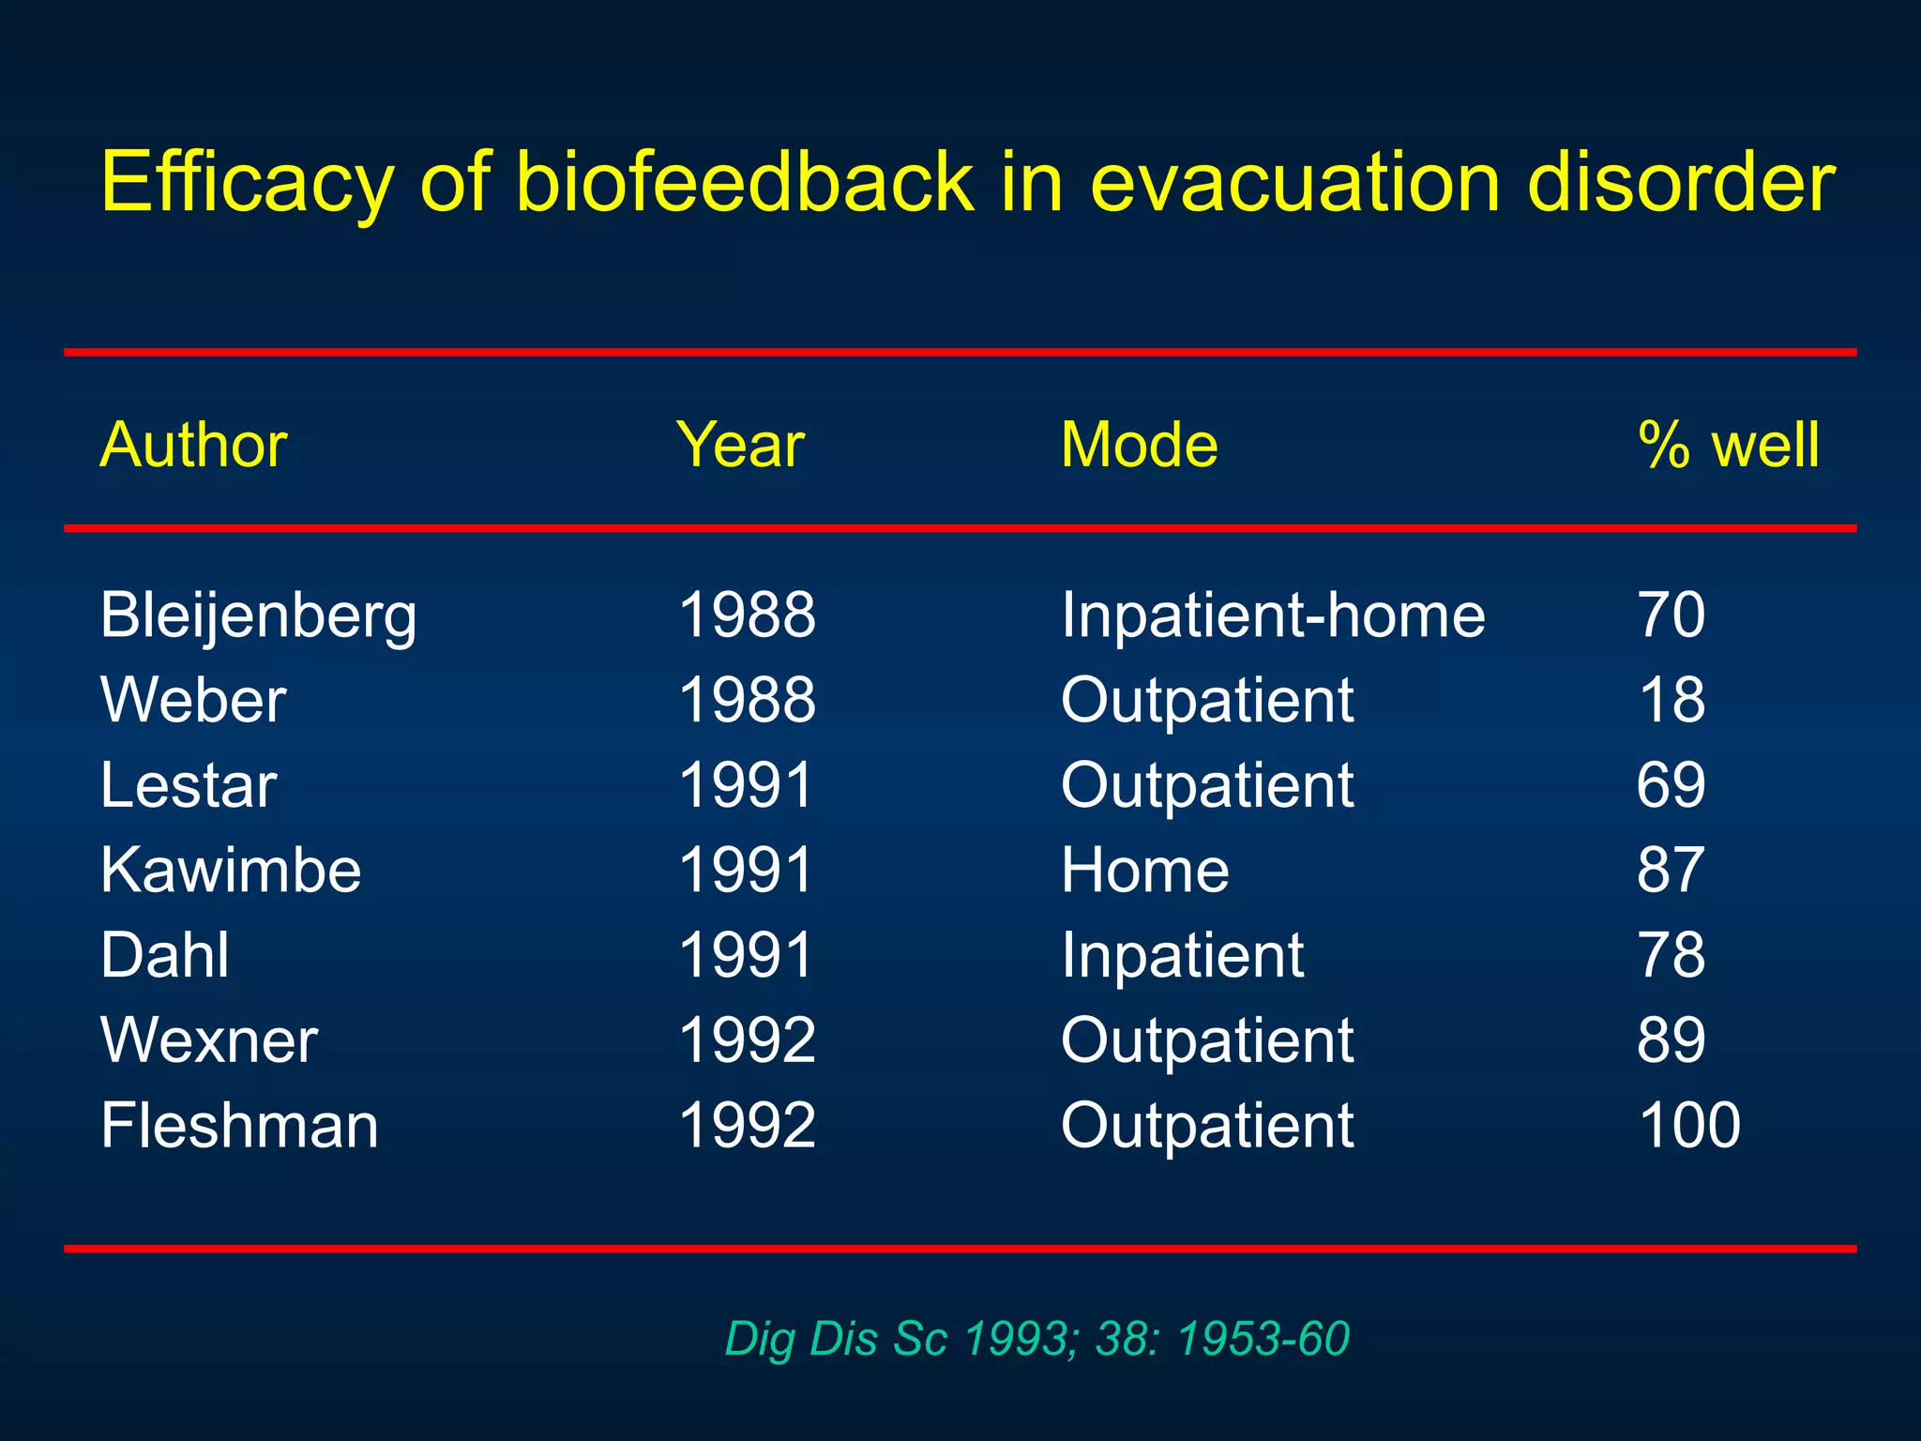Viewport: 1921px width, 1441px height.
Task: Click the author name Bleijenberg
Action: tap(258, 616)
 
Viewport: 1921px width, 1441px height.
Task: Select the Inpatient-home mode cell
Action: tap(1273, 615)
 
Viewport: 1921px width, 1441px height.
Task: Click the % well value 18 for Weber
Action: tap(1671, 700)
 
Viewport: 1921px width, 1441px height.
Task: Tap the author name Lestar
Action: tap(189, 785)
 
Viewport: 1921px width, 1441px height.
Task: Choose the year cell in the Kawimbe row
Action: tap(746, 870)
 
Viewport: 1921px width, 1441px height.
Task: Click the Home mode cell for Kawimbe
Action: tap(1144, 870)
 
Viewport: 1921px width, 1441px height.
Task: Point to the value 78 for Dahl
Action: tap(1671, 955)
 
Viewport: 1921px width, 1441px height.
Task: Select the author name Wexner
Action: tap(209, 1040)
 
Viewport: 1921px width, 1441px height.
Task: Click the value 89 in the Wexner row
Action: tap(1671, 1040)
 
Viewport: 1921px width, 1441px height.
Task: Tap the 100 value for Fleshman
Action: tap(1689, 1125)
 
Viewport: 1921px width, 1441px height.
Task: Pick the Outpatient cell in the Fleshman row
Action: tap(1207, 1125)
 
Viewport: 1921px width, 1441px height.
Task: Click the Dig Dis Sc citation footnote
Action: tap(1036, 1338)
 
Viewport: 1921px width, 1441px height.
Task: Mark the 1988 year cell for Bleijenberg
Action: tap(747, 615)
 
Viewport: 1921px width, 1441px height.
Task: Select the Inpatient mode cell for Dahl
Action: tap(1182, 955)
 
